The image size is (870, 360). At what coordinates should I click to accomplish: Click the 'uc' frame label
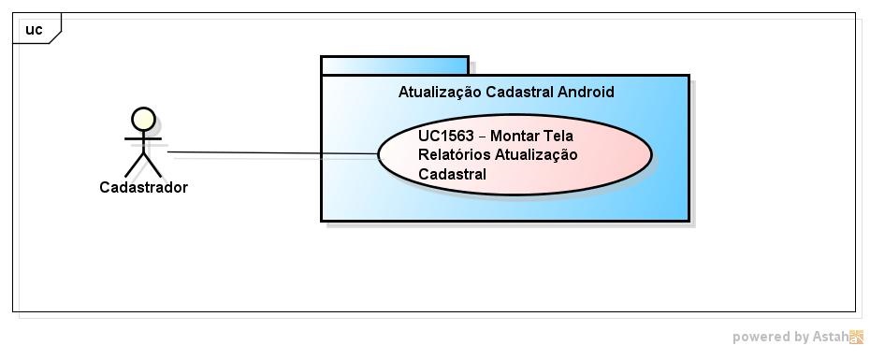pyautogui.click(x=34, y=30)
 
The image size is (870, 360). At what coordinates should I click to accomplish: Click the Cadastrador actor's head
pyautogui.click(x=143, y=118)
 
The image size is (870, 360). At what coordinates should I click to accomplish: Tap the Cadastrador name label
pyautogui.click(x=143, y=187)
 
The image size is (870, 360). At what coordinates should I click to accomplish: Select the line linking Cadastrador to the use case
pyautogui.click(x=271, y=152)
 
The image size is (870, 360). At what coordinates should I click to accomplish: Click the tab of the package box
pyautogui.click(x=394, y=65)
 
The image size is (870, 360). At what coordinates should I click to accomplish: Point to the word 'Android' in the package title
pyautogui.click(x=586, y=92)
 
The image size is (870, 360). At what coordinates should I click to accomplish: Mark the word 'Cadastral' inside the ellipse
pyautogui.click(x=453, y=173)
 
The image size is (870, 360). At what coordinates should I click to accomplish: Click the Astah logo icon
pyautogui.click(x=856, y=337)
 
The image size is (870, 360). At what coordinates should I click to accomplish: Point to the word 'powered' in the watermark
pyautogui.click(x=761, y=337)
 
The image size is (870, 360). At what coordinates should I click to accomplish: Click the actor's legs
pyautogui.click(x=143, y=165)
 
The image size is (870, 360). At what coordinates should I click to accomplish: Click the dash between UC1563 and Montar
pyautogui.click(x=482, y=137)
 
